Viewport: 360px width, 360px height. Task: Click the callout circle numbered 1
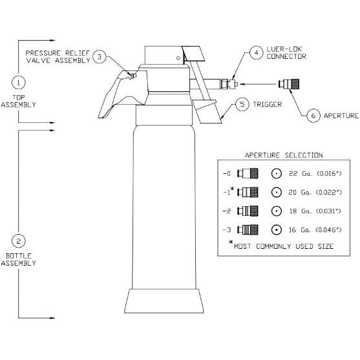(18, 82)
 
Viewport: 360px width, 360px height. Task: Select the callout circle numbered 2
(18, 241)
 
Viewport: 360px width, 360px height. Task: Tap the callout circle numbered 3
(100, 56)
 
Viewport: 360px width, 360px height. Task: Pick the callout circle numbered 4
(257, 52)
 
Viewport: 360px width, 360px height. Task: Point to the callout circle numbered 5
(242, 104)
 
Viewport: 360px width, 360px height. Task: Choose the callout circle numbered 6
(313, 116)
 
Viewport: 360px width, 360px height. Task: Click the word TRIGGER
(268, 105)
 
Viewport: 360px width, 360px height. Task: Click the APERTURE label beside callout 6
(341, 116)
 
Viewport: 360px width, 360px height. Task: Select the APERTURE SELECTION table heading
(284, 155)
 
